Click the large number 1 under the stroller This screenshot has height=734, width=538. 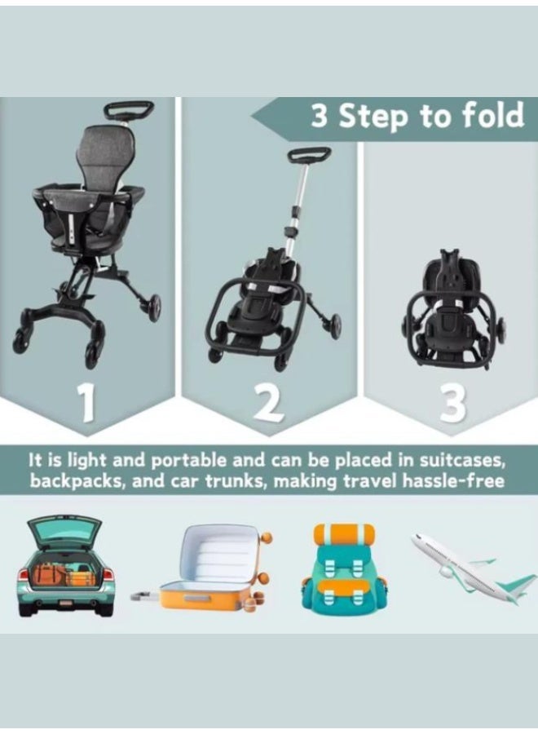coord(87,405)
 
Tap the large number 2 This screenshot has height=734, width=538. coord(269,405)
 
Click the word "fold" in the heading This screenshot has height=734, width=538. coord(488,116)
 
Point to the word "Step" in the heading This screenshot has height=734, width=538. coord(374,117)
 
